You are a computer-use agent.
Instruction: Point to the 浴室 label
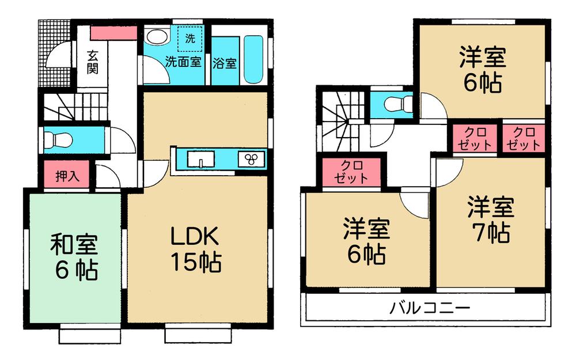(225, 62)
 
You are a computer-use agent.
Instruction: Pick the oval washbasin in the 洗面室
(155, 38)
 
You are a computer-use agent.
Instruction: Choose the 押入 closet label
(67, 176)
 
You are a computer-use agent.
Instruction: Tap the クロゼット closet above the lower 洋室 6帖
(351, 171)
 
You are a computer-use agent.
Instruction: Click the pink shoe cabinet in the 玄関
(113, 33)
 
